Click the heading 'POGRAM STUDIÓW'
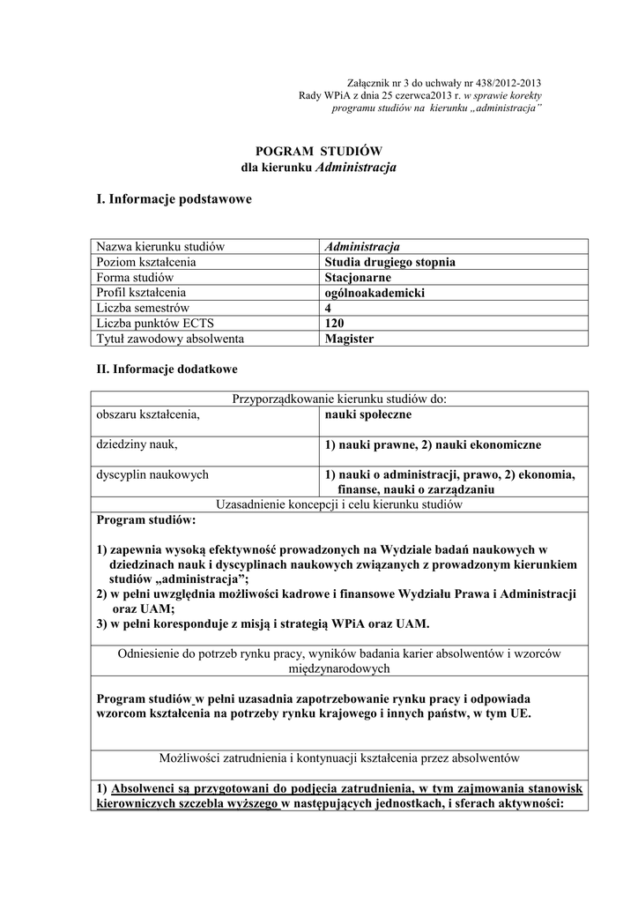(318, 151)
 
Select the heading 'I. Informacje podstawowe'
(174, 199)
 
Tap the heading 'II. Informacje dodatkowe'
(167, 369)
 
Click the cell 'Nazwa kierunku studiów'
(161, 246)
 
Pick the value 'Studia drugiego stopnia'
(389, 262)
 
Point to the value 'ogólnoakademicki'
(375, 292)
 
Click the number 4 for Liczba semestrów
(329, 308)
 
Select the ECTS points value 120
(335, 323)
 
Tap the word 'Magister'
(349, 338)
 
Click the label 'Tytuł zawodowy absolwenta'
(170, 338)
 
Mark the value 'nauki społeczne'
(367, 414)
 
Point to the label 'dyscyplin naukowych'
(152, 474)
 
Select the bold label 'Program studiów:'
(146, 520)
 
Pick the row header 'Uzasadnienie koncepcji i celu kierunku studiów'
(339, 504)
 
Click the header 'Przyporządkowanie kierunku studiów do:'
(339, 399)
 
